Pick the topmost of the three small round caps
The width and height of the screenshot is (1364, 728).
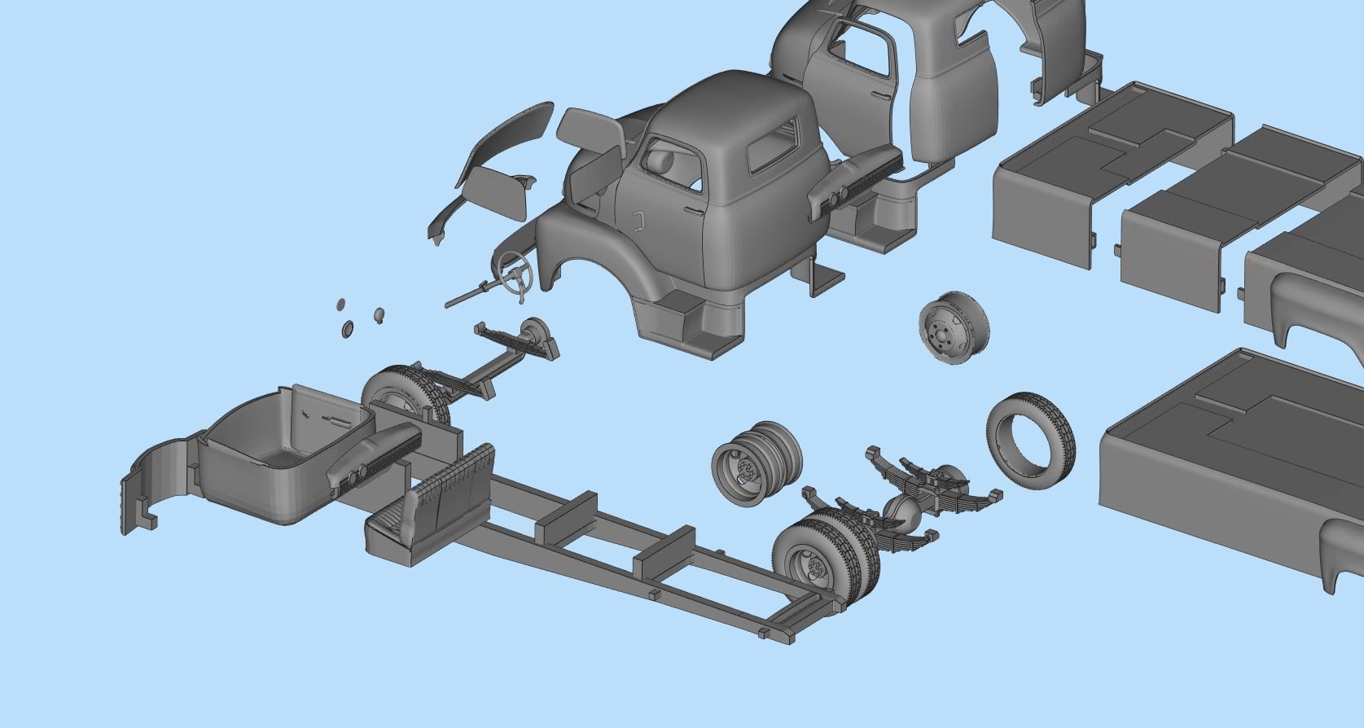tap(341, 305)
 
